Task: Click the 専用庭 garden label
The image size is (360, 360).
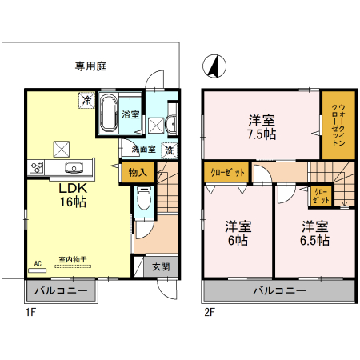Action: tap(92, 67)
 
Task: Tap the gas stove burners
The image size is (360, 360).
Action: tap(36, 167)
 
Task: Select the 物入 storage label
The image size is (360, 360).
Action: tap(137, 173)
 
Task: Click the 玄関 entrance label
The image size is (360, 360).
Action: tap(161, 267)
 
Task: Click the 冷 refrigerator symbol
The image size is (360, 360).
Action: tap(84, 100)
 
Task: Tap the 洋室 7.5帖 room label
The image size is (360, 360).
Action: tap(262, 127)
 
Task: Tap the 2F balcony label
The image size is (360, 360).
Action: tap(279, 290)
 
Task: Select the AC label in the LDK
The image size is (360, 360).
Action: tap(38, 262)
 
